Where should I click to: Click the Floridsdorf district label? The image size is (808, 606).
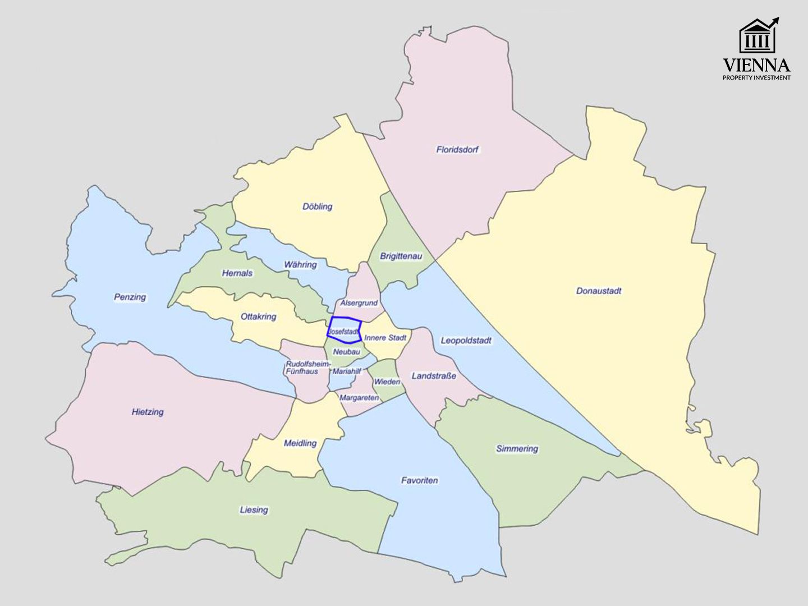(457, 150)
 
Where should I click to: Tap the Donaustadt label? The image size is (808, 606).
(599, 291)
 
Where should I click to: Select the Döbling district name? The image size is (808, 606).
(318, 206)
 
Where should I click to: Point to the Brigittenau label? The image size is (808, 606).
(401, 256)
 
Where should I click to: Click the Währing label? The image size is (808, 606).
(300, 264)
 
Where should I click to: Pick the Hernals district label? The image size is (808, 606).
(237, 273)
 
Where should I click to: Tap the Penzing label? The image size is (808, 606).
(130, 297)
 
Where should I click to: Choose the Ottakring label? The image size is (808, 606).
(258, 316)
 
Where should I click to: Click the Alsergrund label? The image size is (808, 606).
(359, 303)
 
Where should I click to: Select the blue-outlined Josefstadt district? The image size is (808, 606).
(343, 330)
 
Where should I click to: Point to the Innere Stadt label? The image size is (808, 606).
(385, 338)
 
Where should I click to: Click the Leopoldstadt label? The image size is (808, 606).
(466, 341)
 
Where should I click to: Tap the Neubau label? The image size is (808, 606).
(346, 351)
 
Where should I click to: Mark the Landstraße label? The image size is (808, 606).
(434, 376)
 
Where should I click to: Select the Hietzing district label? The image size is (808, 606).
(148, 412)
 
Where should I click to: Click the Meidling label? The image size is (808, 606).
(300, 443)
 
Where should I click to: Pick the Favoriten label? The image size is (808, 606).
(419, 480)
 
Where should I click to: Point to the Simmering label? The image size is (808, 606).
(517, 449)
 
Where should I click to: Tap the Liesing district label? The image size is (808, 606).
(254, 510)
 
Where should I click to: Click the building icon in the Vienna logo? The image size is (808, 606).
(756, 37)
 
